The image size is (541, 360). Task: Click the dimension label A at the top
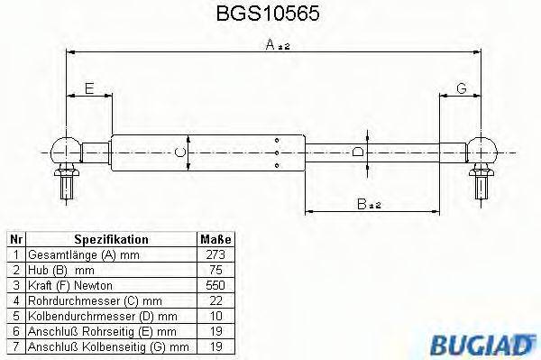271,47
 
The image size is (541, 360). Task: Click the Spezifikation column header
111,240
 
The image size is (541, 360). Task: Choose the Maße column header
215,240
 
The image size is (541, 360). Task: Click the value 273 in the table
215,255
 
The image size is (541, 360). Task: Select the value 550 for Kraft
215,285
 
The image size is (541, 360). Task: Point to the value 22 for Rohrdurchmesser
215,300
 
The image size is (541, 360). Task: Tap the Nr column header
15,240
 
